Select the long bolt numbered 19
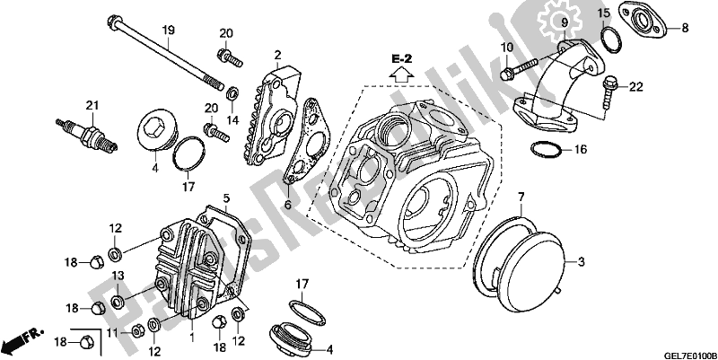tap(166, 53)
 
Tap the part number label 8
tap(685, 28)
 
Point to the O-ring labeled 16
tap(546, 149)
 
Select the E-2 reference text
tap(401, 58)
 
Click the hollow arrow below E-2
tap(401, 74)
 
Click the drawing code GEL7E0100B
tap(691, 356)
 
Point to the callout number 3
tap(581, 262)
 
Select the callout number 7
tap(521, 198)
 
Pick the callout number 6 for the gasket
tap(287, 206)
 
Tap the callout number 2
tap(277, 56)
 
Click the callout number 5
tap(226, 198)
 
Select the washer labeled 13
tap(118, 303)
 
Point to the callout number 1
tap(192, 338)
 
